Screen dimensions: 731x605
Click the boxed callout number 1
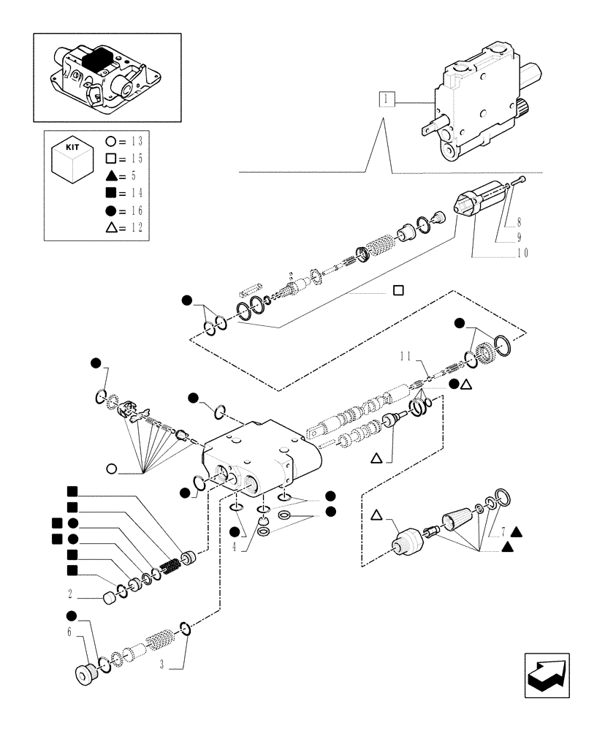pyautogui.click(x=387, y=99)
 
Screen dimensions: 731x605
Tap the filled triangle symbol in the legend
pyautogui.click(x=112, y=175)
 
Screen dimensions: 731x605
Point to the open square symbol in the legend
pyautogui.click(x=112, y=158)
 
